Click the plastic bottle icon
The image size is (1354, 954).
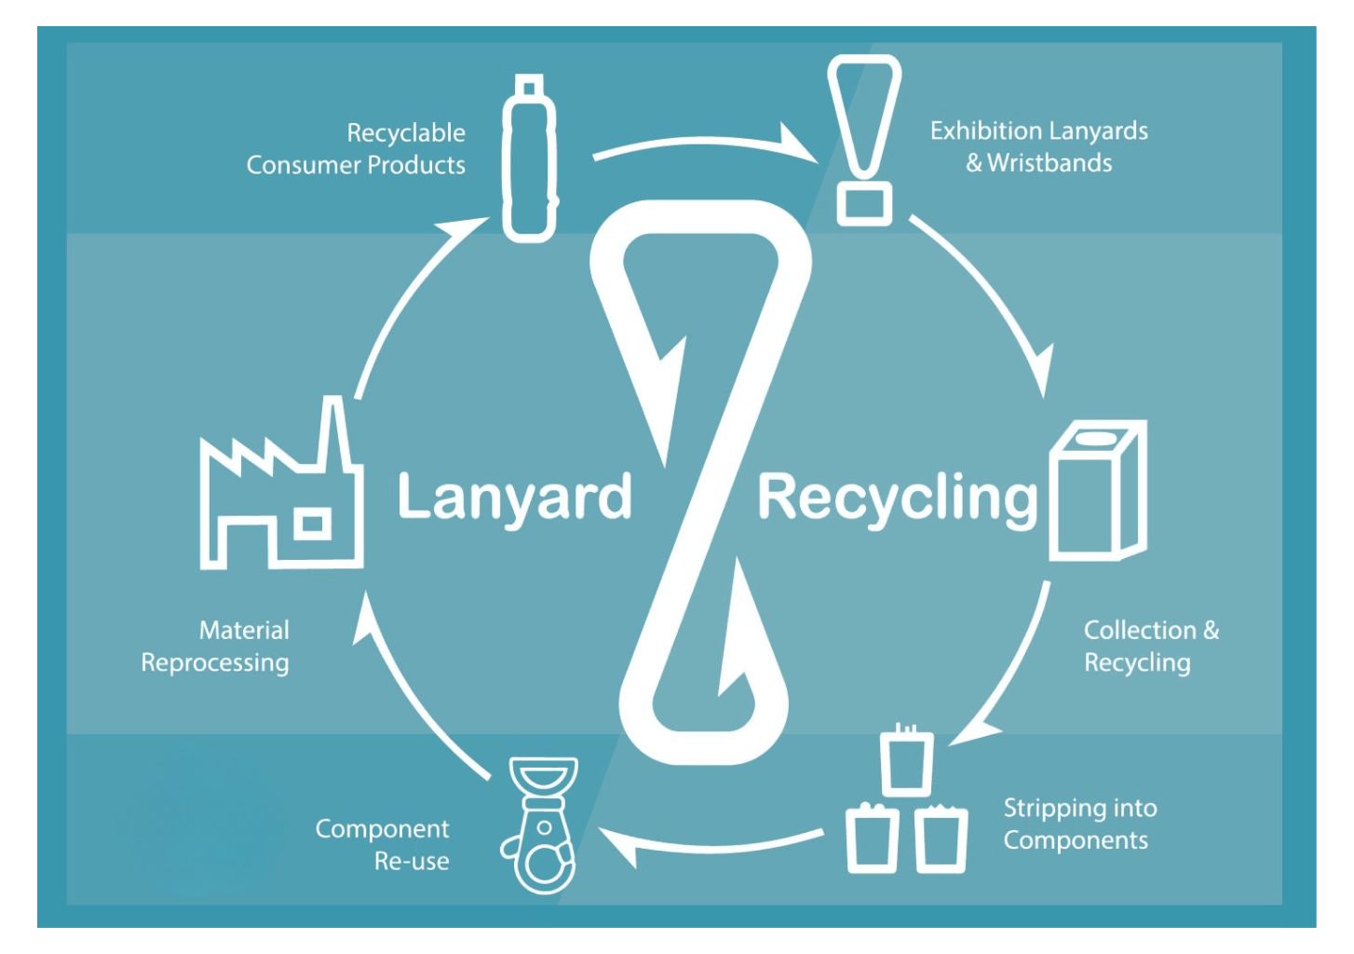click(530, 158)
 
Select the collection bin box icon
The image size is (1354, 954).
click(1098, 490)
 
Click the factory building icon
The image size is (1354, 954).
click(281, 484)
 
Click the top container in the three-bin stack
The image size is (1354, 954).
click(907, 760)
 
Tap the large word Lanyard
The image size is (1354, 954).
click(514, 497)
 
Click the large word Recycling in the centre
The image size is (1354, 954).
click(899, 499)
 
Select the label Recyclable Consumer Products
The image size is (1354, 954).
click(356, 149)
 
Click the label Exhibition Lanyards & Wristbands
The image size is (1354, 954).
click(1038, 147)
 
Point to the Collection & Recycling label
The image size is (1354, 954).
click(1151, 647)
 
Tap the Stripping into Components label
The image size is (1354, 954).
click(1080, 824)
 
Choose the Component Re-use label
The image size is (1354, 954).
click(382, 845)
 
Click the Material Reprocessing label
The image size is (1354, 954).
click(215, 647)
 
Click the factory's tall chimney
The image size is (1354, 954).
click(333, 432)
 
